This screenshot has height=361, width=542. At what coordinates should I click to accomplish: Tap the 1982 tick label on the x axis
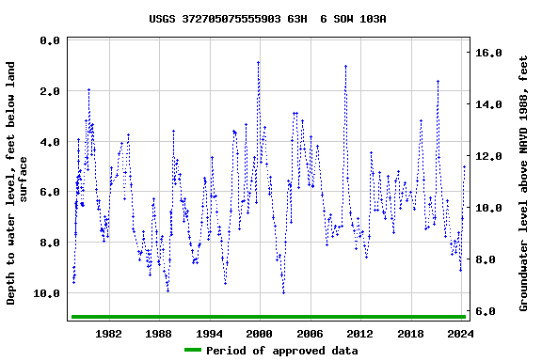pos(109,334)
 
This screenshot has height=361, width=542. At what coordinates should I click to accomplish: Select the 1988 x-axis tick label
pos(159,334)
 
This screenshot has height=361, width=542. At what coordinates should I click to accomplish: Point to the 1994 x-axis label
pos(209,334)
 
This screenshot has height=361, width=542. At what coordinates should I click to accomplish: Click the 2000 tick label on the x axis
pos(260,334)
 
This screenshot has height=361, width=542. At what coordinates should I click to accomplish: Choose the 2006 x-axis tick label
pos(310,334)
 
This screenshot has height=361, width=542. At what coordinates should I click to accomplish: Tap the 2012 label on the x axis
pos(359,334)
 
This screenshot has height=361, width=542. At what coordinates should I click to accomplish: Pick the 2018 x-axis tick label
pos(410,334)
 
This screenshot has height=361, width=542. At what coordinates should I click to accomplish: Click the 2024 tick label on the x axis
pos(460,334)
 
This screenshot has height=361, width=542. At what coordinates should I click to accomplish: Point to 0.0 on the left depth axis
pos(51,41)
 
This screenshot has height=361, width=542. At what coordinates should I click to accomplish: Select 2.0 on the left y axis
pos(51,91)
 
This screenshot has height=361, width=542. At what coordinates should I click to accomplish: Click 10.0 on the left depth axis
pos(47,293)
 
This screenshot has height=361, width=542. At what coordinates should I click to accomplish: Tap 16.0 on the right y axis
pos(489,54)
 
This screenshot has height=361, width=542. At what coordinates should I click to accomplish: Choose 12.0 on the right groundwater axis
pos(489,156)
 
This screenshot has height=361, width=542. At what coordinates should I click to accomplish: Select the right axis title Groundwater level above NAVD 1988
pos(523,183)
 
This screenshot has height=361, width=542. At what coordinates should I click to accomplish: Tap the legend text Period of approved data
pos(281,351)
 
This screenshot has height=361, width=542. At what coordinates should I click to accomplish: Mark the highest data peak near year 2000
pos(258,62)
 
